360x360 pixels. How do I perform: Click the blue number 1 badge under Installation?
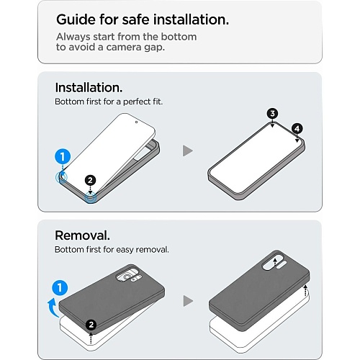[63, 157]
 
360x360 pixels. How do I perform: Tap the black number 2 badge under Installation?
[90, 180]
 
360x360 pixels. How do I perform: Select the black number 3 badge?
[272, 114]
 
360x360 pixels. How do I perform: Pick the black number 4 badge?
[297, 129]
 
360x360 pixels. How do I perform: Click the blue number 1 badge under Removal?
[60, 287]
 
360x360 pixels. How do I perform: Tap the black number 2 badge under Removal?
[91, 325]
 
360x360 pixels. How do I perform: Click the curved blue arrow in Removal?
[53, 307]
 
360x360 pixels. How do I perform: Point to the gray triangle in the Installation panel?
[188, 150]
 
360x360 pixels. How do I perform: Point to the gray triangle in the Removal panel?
[188, 301]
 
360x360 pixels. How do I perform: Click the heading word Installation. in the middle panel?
[89, 88]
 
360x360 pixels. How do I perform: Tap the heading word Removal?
[82, 235]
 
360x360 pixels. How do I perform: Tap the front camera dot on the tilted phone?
[136, 122]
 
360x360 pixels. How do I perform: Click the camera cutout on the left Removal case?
[127, 277]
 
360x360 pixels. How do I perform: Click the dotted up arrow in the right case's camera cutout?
[275, 262]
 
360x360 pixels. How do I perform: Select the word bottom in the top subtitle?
[179, 37]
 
